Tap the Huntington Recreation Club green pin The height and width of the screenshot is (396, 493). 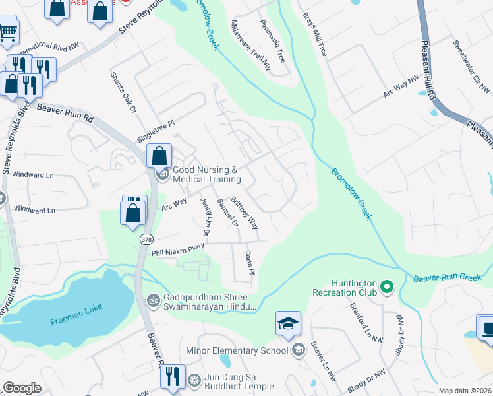pos(387,288)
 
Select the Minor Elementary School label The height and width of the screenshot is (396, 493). pos(237,350)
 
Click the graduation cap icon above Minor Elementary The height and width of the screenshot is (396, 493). pos(288,323)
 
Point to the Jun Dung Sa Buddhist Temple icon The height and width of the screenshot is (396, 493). pos(194,379)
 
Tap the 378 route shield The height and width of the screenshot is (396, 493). pos(147,240)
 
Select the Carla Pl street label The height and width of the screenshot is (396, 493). pos(250,263)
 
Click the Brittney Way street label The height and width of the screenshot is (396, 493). pos(245,211)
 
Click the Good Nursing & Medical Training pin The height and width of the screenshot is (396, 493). pos(162,175)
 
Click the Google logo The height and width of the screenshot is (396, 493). pos(22,388)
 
